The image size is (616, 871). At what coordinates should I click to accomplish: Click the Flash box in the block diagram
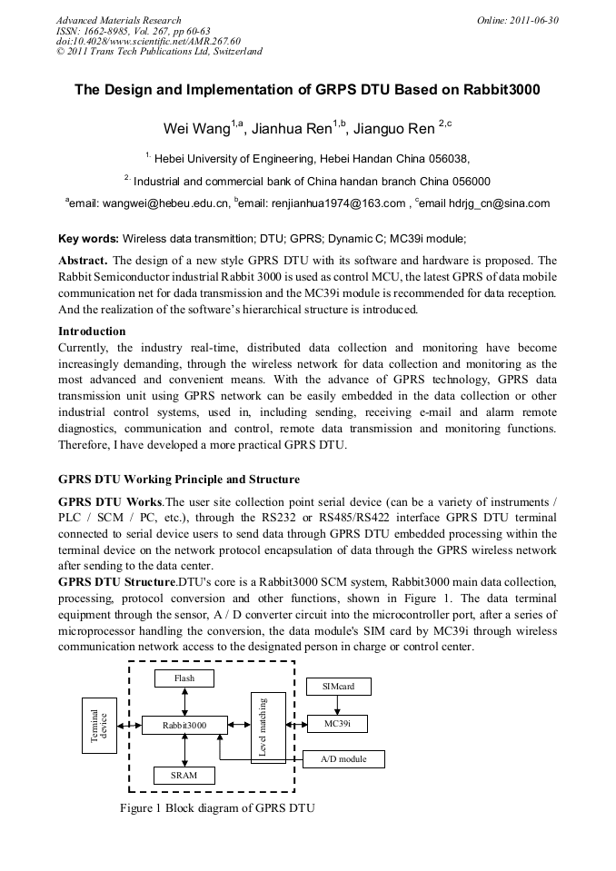[184, 678]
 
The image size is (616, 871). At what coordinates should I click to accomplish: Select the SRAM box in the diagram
[184, 775]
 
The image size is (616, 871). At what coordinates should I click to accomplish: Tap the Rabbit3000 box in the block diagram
[184, 726]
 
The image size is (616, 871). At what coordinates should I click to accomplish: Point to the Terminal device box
[102, 726]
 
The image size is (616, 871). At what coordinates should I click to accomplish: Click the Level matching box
[267, 726]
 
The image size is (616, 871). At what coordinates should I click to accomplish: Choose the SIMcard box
[338, 686]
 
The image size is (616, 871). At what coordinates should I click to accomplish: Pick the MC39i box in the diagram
[338, 724]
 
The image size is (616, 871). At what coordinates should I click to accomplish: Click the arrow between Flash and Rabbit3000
[184, 701]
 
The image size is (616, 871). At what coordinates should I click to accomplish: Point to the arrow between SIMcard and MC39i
[338, 705]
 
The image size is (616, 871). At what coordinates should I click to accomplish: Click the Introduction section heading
[92, 332]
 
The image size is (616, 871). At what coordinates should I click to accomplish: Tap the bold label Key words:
[88, 239]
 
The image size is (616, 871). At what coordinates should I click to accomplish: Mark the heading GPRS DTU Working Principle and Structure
[179, 479]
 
